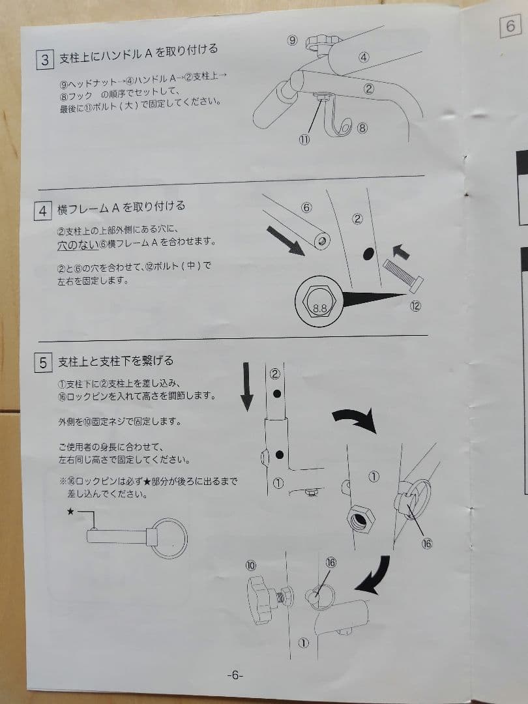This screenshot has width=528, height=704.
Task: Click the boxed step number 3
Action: click(x=45, y=60)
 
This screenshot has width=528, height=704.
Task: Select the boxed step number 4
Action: click(x=42, y=211)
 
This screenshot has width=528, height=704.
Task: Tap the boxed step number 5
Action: click(x=43, y=363)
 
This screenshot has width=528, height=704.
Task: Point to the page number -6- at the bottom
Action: click(x=235, y=675)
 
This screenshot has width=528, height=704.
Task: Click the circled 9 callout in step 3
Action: click(x=292, y=40)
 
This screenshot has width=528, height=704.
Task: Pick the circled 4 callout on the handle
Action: click(x=364, y=57)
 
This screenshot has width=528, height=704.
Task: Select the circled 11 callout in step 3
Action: click(x=304, y=139)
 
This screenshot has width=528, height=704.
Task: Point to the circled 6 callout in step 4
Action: click(x=306, y=207)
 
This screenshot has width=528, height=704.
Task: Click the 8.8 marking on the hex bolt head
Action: click(x=319, y=308)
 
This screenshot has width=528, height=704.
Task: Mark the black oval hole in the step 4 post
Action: click(x=368, y=254)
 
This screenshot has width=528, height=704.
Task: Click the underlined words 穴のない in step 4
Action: click(x=78, y=245)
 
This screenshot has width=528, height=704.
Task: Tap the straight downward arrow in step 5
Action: click(x=246, y=387)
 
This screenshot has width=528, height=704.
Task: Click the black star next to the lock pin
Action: click(x=70, y=511)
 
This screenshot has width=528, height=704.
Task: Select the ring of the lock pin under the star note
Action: click(x=169, y=538)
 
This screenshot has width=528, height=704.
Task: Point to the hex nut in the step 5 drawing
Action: click(x=361, y=519)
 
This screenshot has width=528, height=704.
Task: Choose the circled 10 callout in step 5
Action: click(x=250, y=565)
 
